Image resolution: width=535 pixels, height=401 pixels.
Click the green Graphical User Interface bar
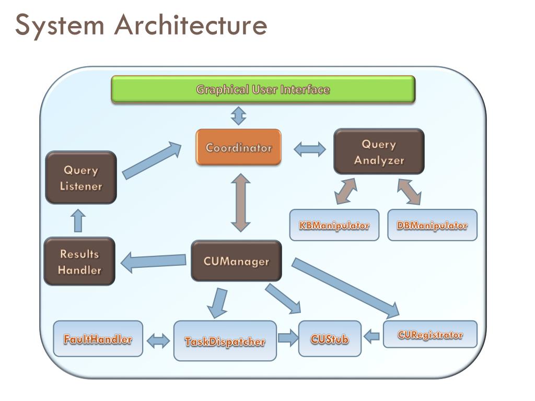(263, 89)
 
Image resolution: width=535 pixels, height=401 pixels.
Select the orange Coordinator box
(238, 147)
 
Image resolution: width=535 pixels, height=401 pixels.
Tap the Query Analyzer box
(379, 151)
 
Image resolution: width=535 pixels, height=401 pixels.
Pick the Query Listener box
(81, 178)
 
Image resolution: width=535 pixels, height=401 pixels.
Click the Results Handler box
(79, 261)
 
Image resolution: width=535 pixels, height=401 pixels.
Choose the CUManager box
(237, 261)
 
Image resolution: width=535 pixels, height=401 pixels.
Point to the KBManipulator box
(334, 225)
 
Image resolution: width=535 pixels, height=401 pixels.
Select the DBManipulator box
(432, 225)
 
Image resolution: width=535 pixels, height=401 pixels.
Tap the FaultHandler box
(98, 338)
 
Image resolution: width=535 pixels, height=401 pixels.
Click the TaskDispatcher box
(225, 340)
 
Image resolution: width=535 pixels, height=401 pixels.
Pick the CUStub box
(330, 338)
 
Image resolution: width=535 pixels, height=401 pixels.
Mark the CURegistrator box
(431, 334)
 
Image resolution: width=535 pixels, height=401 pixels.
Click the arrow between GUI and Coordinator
(238, 115)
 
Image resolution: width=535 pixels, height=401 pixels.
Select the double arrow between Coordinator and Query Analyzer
(310, 149)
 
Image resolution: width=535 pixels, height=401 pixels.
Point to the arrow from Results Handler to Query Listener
(78, 221)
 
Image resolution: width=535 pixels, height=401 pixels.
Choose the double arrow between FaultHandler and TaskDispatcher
(158, 340)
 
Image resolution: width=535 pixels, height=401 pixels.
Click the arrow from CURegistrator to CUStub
(371, 337)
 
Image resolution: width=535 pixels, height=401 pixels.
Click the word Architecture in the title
(191, 25)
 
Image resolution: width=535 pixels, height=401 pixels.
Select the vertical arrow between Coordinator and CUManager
(240, 203)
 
